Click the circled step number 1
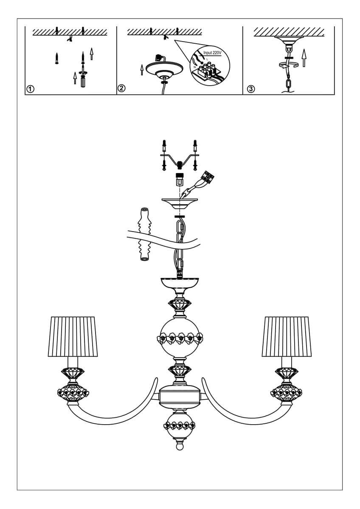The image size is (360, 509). (x=30, y=89)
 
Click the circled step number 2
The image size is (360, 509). (x=121, y=89)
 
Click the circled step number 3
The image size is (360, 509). (x=251, y=89)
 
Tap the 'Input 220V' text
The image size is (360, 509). (x=213, y=53)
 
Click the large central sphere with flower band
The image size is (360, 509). (x=180, y=338)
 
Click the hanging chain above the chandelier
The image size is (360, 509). (x=180, y=246)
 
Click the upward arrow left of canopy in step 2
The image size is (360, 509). (x=141, y=69)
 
